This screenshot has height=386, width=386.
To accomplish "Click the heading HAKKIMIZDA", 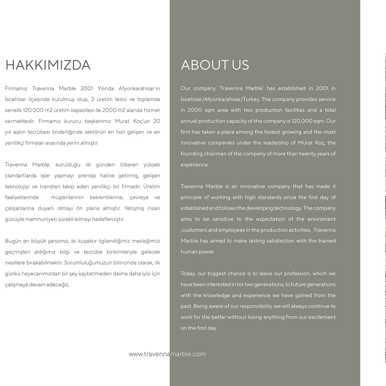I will [x=48, y=65].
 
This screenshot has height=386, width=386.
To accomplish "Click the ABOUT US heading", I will [x=215, y=65].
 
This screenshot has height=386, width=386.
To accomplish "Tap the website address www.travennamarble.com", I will [x=167, y=354].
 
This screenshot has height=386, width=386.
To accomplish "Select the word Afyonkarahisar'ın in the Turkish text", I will [x=139, y=88].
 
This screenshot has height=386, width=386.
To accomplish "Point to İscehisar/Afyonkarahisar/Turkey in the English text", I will [x=220, y=99].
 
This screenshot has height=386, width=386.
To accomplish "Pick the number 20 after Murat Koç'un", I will [x=157, y=121].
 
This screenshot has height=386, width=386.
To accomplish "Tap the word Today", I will [x=188, y=274].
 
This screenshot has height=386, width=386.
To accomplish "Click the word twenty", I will [x=308, y=154].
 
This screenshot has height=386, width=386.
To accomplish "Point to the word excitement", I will [x=322, y=317].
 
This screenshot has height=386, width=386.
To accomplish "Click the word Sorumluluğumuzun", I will [x=85, y=263].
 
